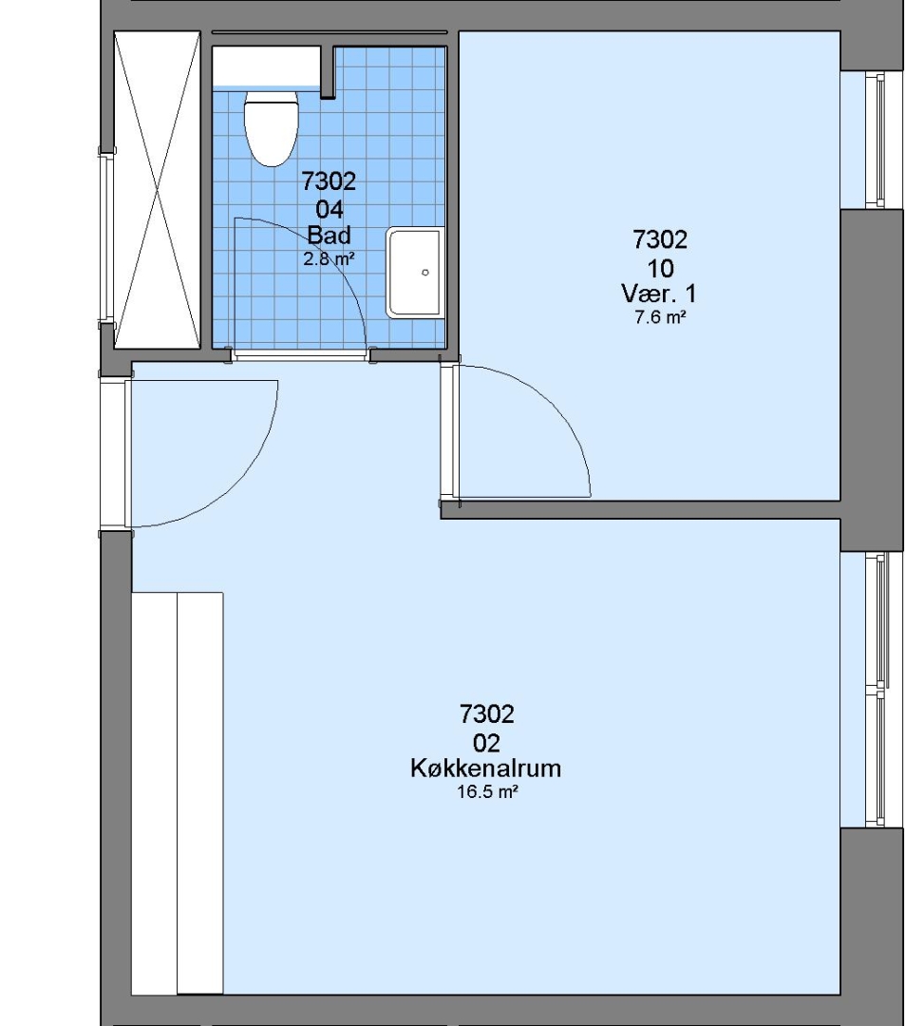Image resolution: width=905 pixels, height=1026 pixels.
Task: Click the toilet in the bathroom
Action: (271, 127)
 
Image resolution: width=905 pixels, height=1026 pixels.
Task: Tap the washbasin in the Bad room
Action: (415, 273)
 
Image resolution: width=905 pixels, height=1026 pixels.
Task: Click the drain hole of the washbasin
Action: (425, 273)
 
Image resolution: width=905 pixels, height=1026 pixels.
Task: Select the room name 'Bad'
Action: (329, 235)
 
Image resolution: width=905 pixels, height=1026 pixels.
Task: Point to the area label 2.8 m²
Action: (329, 258)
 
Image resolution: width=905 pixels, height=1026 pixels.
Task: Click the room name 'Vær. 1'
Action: (659, 294)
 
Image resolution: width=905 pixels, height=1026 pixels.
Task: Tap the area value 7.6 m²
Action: (660, 318)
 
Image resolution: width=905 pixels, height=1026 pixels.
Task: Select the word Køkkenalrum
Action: (486, 768)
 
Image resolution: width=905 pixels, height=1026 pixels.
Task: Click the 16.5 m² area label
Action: (487, 792)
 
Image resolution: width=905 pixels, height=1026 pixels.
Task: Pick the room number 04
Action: (329, 209)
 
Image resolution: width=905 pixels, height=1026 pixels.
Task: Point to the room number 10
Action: (660, 268)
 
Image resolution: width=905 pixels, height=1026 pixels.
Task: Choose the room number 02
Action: (486, 743)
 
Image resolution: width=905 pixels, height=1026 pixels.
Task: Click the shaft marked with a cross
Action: (157, 190)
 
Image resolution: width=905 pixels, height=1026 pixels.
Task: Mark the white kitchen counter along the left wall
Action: (178, 793)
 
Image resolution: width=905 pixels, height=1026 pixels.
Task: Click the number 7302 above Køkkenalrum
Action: (487, 713)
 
